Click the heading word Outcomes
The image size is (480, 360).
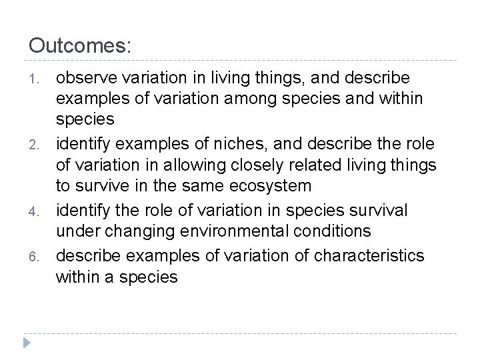80,46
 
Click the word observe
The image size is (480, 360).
87,78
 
